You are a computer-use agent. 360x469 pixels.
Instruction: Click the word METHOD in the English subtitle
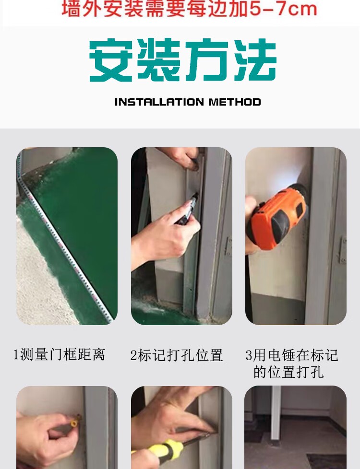tap(235, 102)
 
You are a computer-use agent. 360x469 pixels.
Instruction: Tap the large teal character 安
tap(111, 60)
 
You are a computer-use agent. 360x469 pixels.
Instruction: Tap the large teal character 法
tap(254, 60)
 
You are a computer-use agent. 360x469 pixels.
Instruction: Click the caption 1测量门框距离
tap(60, 355)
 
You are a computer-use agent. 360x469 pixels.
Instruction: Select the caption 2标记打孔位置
tap(177, 355)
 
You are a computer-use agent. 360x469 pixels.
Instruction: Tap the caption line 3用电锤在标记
tap(292, 355)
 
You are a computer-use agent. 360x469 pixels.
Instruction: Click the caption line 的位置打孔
tap(288, 372)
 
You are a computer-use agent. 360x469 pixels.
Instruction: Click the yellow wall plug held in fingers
tap(74, 421)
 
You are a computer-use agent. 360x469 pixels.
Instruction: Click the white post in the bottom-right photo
tap(276, 413)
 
